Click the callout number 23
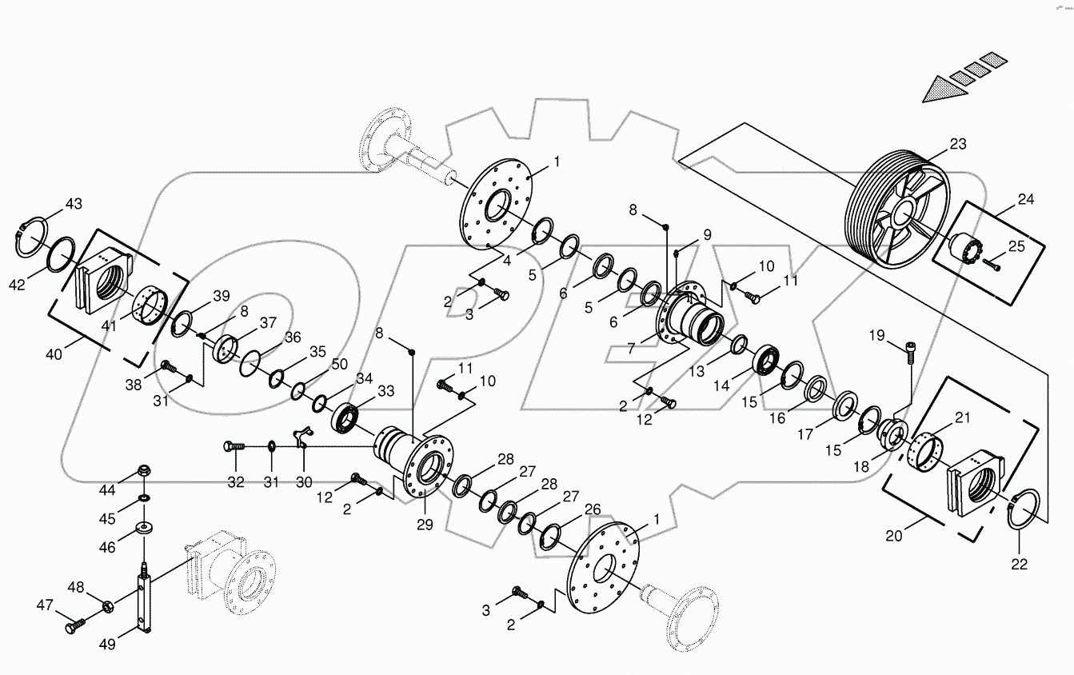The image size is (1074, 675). click(958, 145)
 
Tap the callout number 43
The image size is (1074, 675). click(74, 204)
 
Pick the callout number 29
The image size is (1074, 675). click(423, 525)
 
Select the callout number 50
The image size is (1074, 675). click(340, 364)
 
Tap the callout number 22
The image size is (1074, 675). click(1018, 564)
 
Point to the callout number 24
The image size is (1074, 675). click(1026, 199)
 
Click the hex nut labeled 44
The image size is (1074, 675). click(145, 469)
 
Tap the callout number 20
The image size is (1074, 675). click(893, 536)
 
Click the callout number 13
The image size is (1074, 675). click(698, 371)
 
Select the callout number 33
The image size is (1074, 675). click(386, 391)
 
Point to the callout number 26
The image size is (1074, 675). click(593, 509)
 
